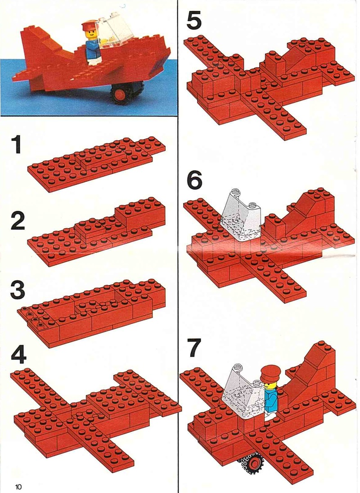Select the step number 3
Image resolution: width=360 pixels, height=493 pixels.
pos(18,290)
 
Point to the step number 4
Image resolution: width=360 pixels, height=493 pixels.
pos(19,354)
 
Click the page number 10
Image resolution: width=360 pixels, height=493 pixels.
pos(18,487)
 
